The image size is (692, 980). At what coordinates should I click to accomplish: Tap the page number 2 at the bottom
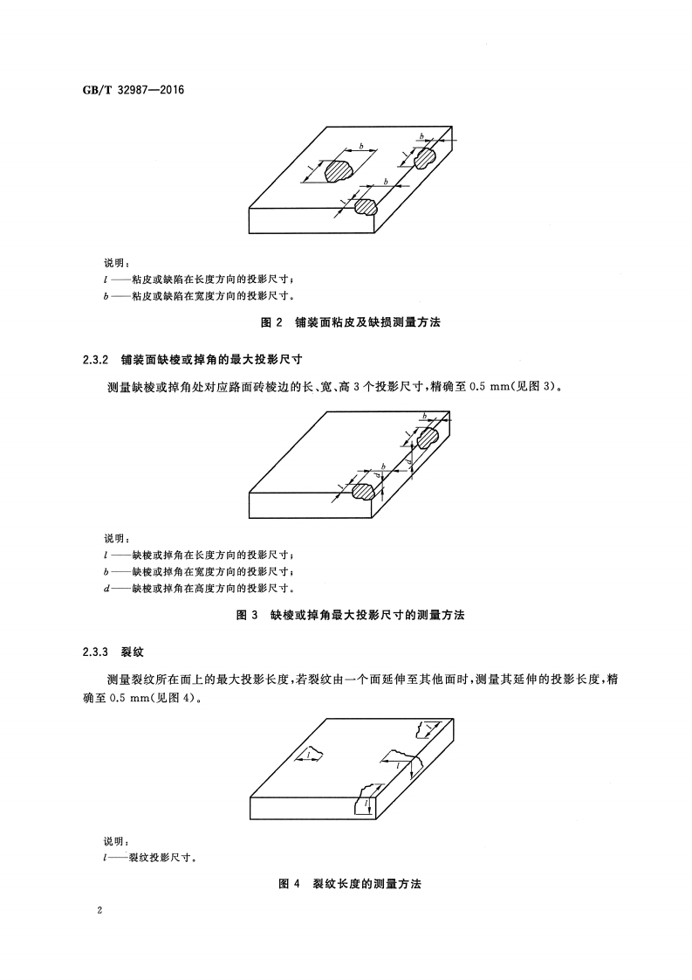101,910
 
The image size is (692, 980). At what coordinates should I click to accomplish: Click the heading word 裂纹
127,652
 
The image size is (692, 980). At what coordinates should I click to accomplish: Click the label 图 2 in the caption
273,322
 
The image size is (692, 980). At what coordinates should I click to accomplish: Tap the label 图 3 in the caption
249,615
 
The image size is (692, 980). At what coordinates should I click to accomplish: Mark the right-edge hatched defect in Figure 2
425,158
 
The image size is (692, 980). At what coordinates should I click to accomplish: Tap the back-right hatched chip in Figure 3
428,436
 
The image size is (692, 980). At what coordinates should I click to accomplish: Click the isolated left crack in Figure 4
313,753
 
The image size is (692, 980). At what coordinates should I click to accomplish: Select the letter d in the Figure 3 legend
106,587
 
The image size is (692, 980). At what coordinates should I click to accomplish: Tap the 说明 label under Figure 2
116,263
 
